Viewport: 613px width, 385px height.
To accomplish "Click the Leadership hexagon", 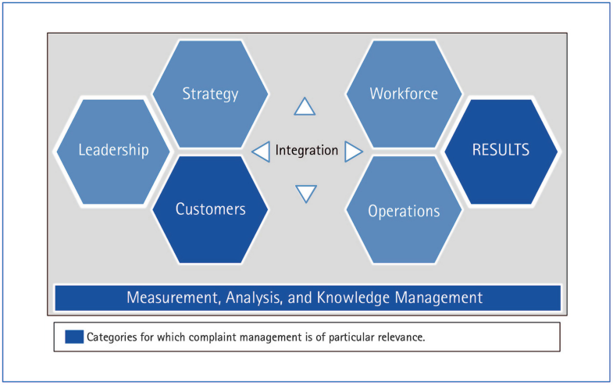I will point(112,150).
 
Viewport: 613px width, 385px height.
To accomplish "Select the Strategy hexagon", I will point(210,94).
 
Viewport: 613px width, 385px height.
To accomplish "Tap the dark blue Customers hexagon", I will point(210,209).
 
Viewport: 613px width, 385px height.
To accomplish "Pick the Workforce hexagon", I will point(404,94).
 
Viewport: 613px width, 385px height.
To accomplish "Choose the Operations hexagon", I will point(404,211).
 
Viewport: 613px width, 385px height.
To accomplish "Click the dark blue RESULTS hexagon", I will point(501,150).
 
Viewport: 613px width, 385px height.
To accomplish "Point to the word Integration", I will point(307,150).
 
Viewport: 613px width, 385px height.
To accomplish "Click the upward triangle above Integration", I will point(305,107).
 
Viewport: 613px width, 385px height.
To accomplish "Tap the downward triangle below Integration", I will point(305,194).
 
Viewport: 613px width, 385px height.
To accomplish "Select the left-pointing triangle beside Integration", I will point(261,150).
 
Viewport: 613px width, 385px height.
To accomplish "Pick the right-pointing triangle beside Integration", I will point(353,150).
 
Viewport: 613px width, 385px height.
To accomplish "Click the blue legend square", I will point(74,337).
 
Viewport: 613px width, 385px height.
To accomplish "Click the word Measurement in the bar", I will point(168,298).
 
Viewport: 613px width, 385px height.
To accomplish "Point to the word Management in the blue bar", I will point(442,298).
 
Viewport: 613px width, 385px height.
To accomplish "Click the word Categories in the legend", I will point(114,337).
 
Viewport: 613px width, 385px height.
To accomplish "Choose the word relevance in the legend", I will point(399,337).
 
